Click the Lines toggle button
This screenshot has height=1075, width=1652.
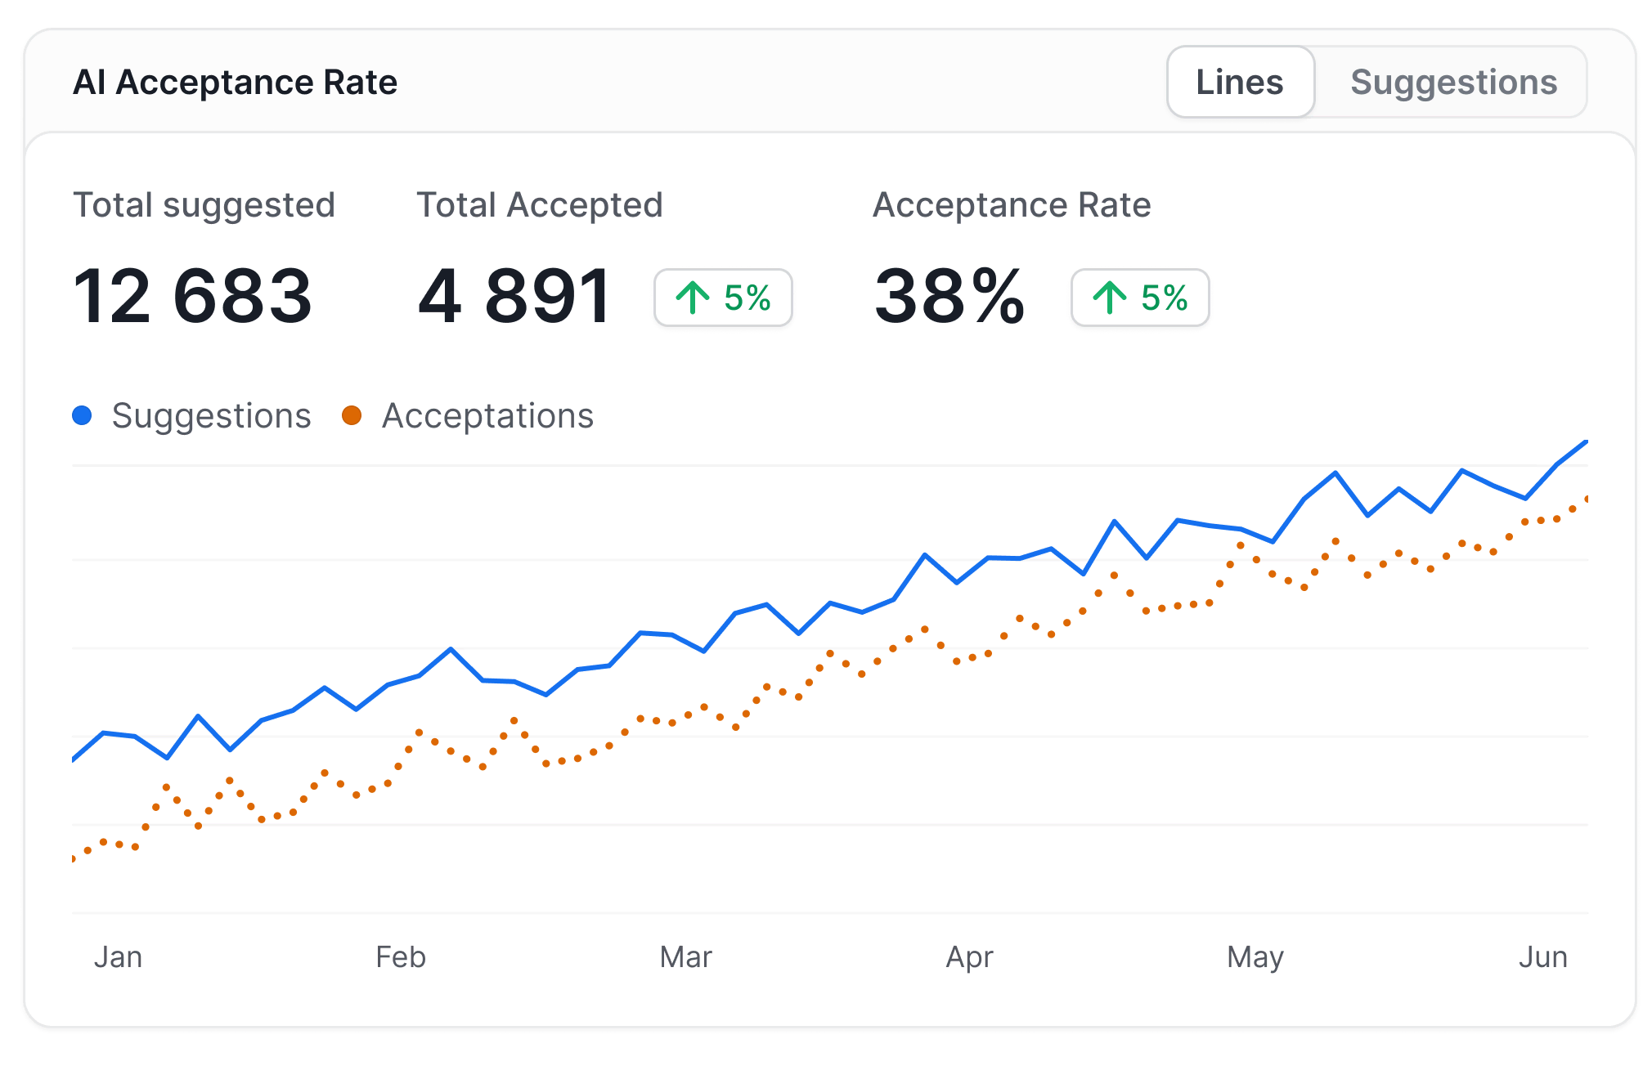[1240, 83]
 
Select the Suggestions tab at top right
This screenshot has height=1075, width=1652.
[1452, 83]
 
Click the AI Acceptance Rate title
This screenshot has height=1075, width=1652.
[235, 83]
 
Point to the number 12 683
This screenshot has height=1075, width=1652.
[192, 297]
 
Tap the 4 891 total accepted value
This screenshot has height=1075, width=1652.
[514, 297]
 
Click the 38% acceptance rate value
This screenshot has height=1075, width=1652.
[949, 297]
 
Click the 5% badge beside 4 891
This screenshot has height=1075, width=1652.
[723, 298]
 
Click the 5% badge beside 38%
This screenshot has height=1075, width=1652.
[1140, 298]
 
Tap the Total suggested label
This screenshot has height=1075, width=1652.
[204, 205]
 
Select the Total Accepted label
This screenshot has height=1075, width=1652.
[539, 205]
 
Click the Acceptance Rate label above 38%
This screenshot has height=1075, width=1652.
[1012, 205]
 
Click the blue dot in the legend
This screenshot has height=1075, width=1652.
[82, 415]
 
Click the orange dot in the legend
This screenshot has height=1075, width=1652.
[352, 415]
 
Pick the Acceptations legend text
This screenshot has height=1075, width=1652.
[487, 416]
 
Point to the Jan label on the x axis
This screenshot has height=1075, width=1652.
[118, 956]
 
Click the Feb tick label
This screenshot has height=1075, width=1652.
[400, 956]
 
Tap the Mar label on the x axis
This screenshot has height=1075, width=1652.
[685, 956]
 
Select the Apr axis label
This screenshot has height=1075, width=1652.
[969, 956]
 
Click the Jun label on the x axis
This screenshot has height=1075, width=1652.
[1542, 956]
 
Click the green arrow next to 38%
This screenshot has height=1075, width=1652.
[1109, 298]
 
